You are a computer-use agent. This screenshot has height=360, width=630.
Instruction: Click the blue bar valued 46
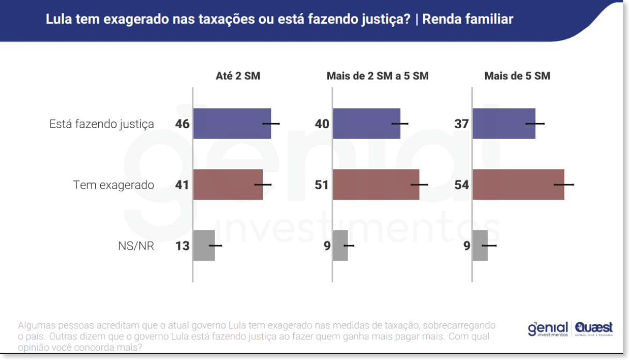click(x=232, y=124)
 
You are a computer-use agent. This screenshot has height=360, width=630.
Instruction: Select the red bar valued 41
click(x=228, y=185)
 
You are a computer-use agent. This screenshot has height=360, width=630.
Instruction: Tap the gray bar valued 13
click(x=204, y=246)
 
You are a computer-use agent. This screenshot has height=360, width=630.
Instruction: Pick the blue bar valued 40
click(x=366, y=124)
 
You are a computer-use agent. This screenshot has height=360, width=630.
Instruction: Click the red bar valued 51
click(x=376, y=185)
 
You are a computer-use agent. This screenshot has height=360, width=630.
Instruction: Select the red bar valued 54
click(x=518, y=185)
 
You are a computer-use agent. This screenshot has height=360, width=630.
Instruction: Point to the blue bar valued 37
click(x=504, y=124)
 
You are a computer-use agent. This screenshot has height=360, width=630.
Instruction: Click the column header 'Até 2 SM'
click(x=238, y=76)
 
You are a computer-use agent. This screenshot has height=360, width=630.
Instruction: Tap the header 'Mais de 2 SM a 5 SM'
click(x=378, y=76)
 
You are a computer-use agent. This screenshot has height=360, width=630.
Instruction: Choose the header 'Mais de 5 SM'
click(x=517, y=76)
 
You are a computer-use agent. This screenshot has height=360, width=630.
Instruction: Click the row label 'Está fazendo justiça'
click(x=101, y=124)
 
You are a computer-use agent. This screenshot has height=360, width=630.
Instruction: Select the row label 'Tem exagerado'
click(x=114, y=185)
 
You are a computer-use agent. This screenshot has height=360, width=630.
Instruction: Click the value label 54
click(x=461, y=185)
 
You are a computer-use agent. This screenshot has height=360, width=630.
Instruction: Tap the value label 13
click(x=183, y=246)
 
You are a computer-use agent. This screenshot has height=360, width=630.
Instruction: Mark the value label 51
click(x=322, y=185)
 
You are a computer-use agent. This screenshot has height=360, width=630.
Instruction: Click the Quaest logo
click(x=594, y=328)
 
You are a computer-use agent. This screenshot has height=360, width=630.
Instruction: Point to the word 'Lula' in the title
click(x=58, y=19)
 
